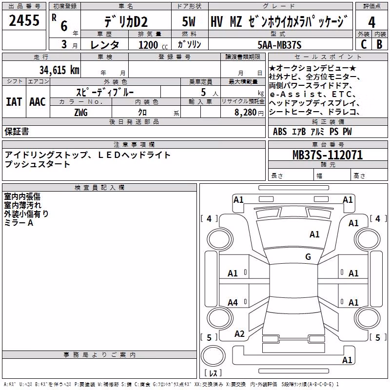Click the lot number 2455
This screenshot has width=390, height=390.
click(x=24, y=20)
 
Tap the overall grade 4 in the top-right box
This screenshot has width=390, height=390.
click(x=371, y=22)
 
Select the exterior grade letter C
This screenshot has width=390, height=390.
click(x=364, y=44)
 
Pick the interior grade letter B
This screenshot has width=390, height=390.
click(x=379, y=44)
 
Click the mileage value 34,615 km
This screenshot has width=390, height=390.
click(x=59, y=70)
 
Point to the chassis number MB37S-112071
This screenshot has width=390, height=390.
click(x=328, y=155)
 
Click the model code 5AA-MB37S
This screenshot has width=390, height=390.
click(x=279, y=45)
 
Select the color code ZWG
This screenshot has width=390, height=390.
click(x=81, y=113)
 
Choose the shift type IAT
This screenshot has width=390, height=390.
click(x=14, y=102)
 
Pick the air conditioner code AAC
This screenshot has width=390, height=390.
click(x=38, y=102)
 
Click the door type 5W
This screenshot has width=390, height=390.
click(x=189, y=21)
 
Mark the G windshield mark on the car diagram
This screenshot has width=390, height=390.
click(x=308, y=256)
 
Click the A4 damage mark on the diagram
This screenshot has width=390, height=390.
click(x=233, y=302)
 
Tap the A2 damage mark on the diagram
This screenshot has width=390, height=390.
click(x=239, y=334)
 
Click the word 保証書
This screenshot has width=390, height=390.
click(x=17, y=131)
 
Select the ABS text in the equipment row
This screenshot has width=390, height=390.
click(x=280, y=132)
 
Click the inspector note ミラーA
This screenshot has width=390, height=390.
click(x=19, y=223)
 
